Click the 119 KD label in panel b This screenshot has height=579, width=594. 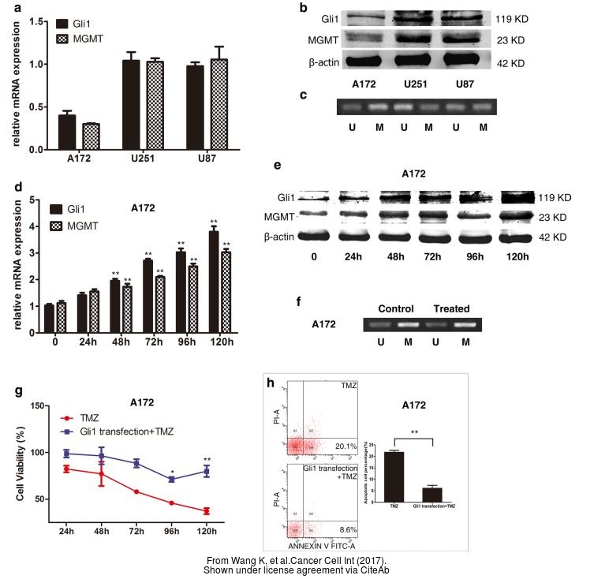(513, 15)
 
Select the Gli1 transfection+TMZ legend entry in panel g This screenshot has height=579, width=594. (126, 431)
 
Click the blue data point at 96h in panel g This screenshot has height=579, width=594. (171, 479)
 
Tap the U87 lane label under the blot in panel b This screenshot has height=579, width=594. (461, 84)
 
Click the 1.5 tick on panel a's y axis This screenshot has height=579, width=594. (33, 20)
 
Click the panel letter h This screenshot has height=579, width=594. (272, 383)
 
